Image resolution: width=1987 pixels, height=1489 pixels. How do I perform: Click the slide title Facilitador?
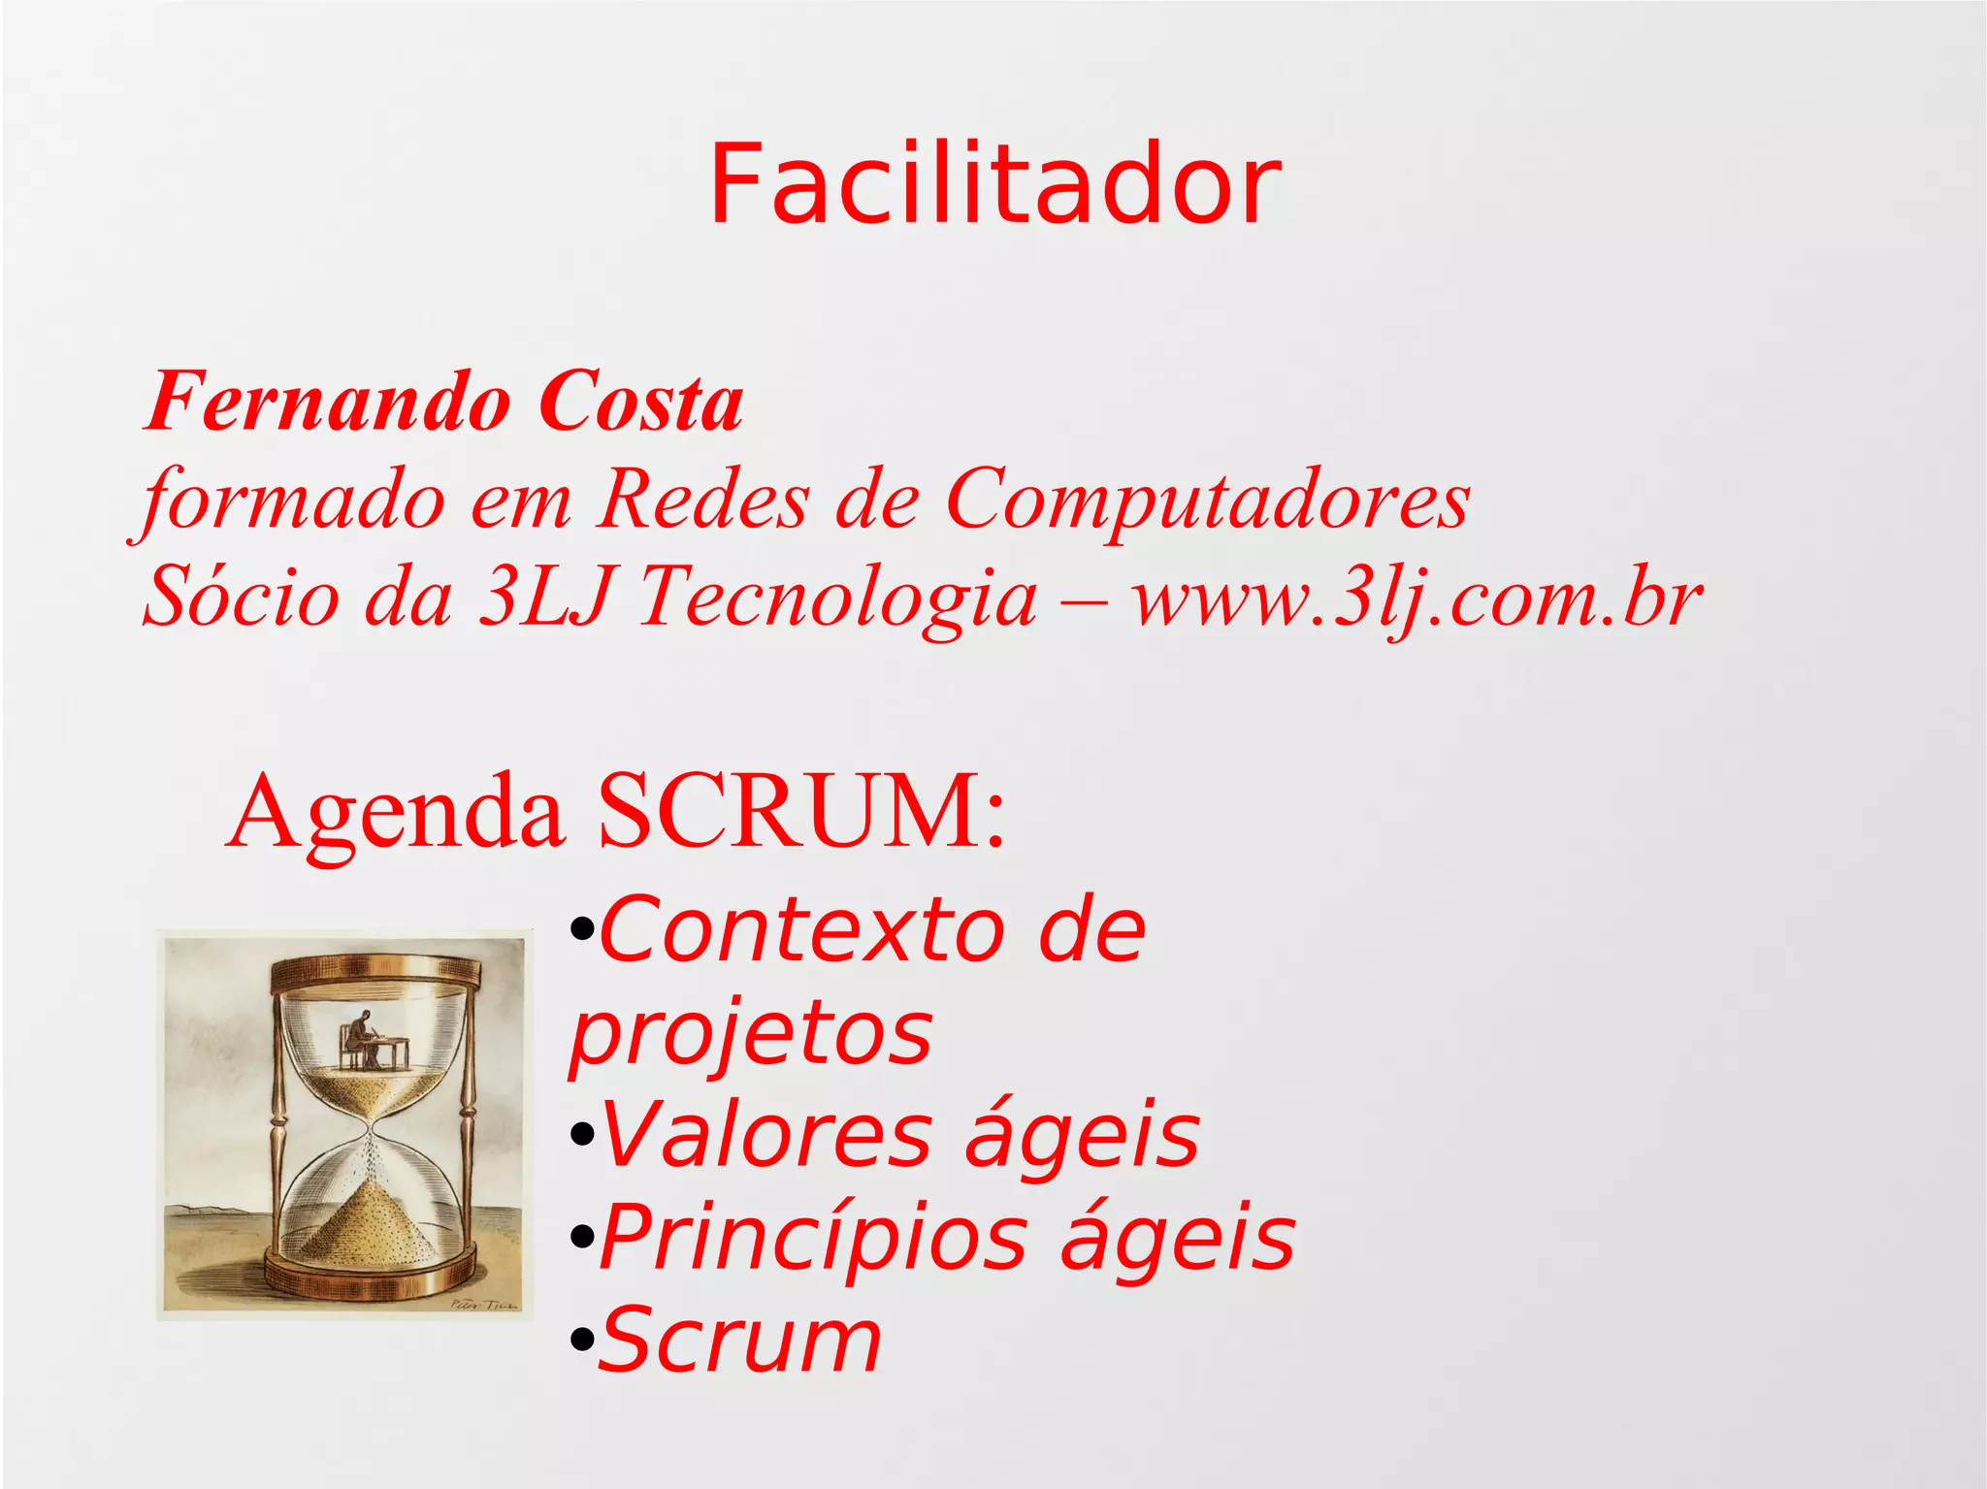(x=995, y=184)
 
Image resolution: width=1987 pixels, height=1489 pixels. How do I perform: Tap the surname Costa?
(x=640, y=402)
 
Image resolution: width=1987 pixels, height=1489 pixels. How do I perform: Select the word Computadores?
(x=1207, y=501)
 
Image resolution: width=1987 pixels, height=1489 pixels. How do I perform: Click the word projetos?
(x=751, y=1034)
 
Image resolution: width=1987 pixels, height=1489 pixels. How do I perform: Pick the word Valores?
(x=766, y=1135)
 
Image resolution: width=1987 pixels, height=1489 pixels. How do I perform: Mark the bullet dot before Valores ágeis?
(x=581, y=1135)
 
